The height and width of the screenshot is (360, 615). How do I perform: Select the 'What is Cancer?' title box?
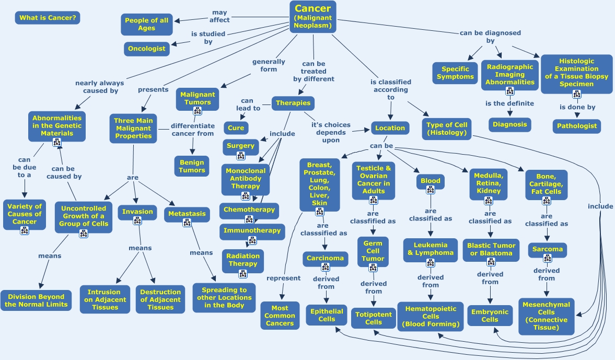pyautogui.click(x=48, y=18)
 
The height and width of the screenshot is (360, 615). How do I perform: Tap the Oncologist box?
pyautogui.click(x=147, y=49)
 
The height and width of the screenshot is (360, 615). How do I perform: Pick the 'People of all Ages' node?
pyautogui.click(x=147, y=24)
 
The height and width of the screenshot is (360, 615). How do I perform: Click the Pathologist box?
pyautogui.click(x=577, y=126)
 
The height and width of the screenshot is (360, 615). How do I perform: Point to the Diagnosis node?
pyautogui.click(x=510, y=125)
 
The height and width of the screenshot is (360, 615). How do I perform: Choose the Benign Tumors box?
pyautogui.click(x=192, y=166)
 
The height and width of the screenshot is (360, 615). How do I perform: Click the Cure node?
pyautogui.click(x=236, y=128)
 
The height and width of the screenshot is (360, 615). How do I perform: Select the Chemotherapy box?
pyautogui.click(x=249, y=210)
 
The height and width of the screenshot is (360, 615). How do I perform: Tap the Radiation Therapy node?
pyautogui.click(x=243, y=260)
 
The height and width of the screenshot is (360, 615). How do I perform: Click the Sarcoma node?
pyautogui.click(x=547, y=249)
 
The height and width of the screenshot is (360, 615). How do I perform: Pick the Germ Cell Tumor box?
pyautogui.click(x=373, y=251)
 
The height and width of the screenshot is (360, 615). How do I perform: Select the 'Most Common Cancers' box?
pyautogui.click(x=280, y=316)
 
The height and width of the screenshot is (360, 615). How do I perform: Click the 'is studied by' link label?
pyautogui.click(x=202, y=38)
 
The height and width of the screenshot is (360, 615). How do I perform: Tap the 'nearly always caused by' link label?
pyautogui.click(x=100, y=87)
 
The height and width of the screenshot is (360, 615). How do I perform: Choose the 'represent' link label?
pyautogui.click(x=283, y=278)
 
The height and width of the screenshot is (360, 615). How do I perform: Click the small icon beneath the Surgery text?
pyautogui.click(x=241, y=155)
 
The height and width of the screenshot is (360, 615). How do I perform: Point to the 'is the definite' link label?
pyautogui.click(x=509, y=103)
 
